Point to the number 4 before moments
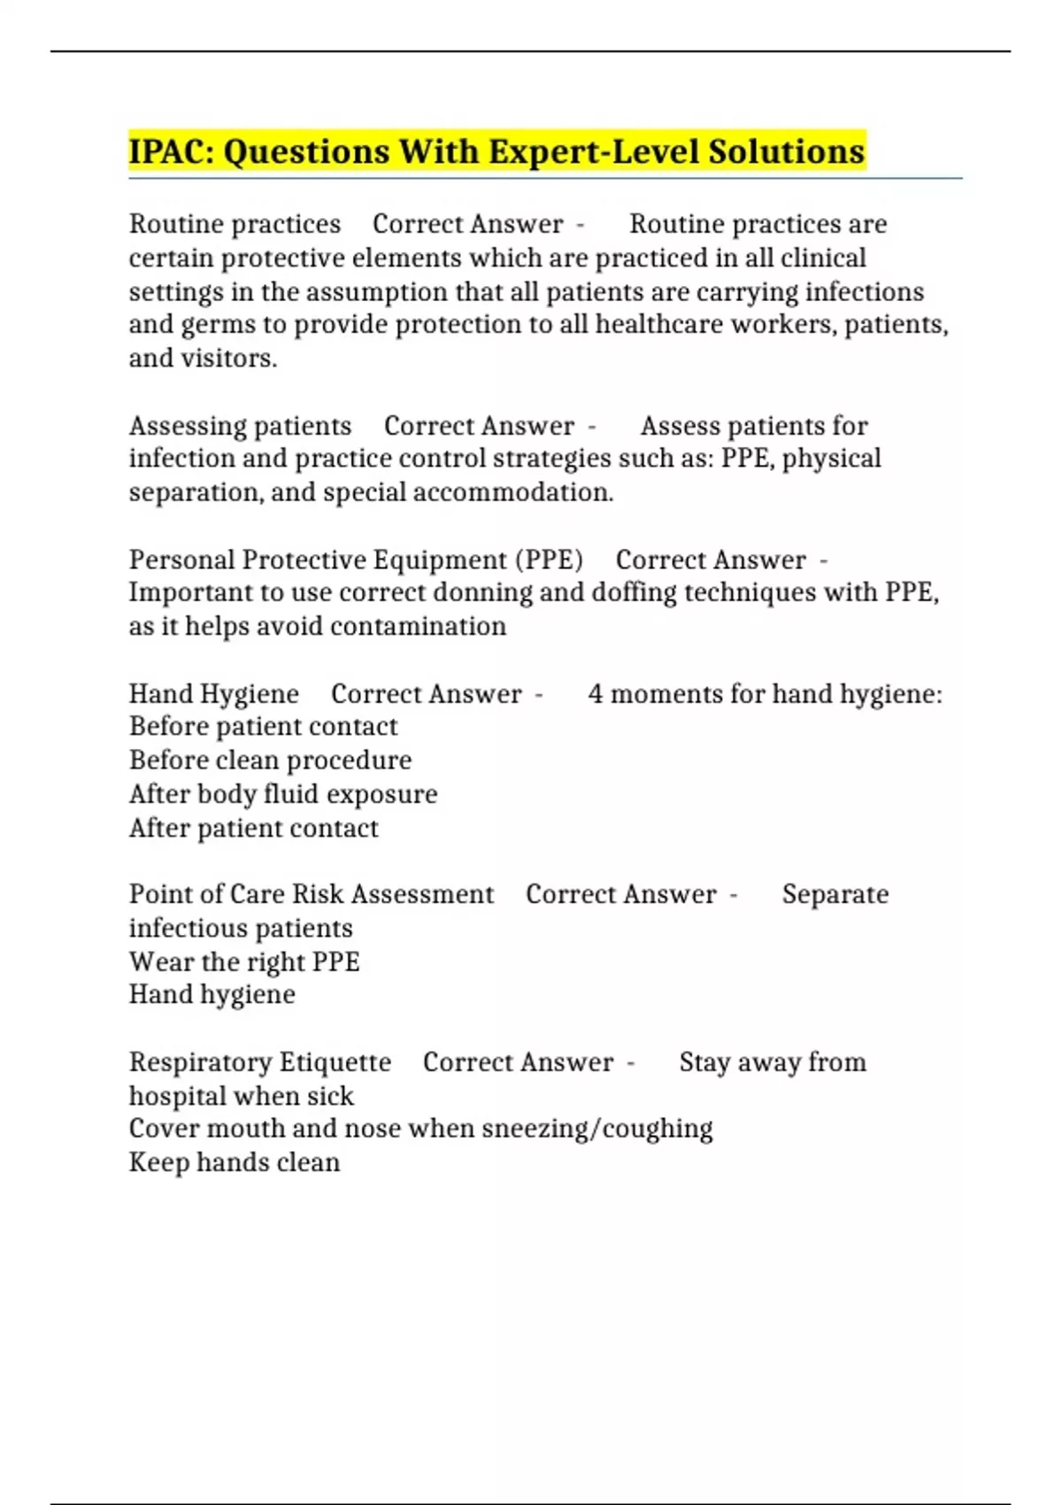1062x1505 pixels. [x=596, y=694]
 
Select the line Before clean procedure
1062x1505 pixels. [x=270, y=760]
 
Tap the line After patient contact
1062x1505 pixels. [x=253, y=828]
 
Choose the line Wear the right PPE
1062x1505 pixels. [x=244, y=961]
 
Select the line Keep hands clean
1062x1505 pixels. [x=235, y=1162]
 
